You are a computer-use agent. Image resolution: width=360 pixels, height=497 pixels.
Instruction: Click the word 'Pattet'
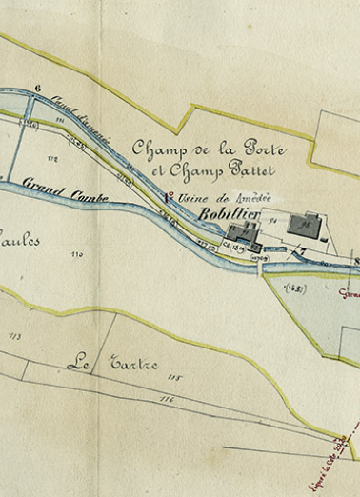coord(250,171)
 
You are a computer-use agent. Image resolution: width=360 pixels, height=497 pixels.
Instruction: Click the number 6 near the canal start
coord(39,89)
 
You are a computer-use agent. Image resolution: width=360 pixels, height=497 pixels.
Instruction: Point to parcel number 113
coord(13,336)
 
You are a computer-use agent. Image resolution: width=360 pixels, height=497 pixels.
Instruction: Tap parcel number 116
coord(168,397)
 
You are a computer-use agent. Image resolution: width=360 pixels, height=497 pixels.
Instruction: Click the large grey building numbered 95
coord(305,227)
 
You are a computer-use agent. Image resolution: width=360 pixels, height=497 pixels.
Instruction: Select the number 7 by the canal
coord(303,254)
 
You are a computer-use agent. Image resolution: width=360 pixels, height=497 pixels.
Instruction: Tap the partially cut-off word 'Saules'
coord(19,241)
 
